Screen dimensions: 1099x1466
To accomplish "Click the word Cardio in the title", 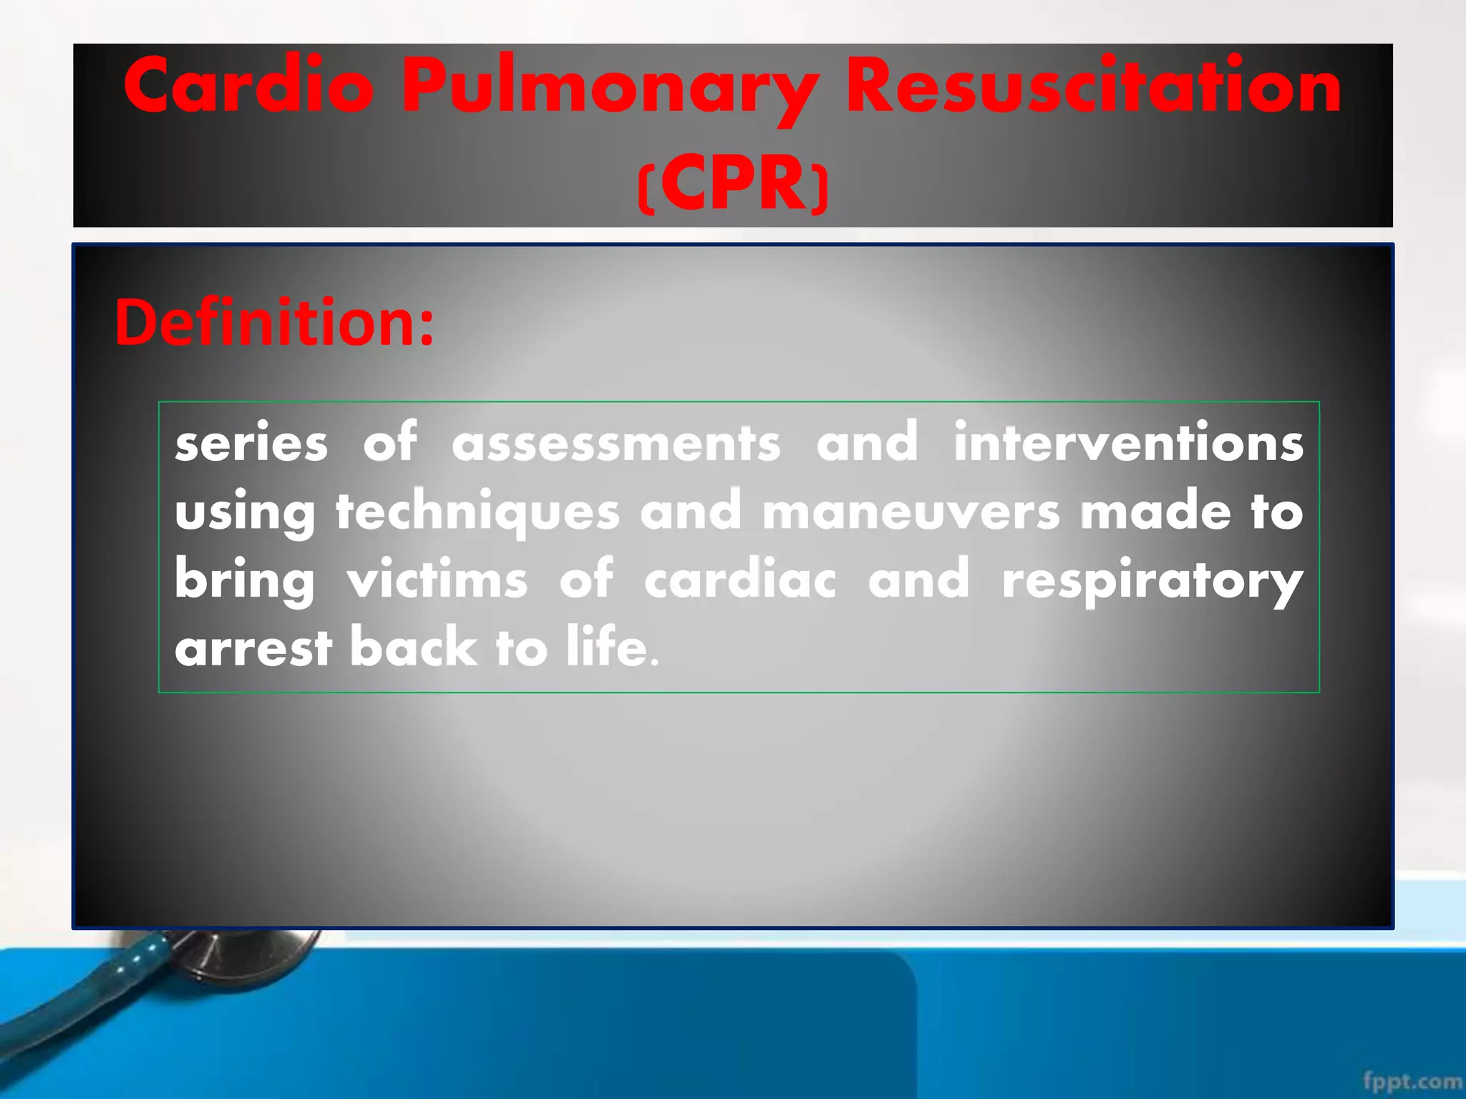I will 248,87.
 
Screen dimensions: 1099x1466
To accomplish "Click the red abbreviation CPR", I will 733,185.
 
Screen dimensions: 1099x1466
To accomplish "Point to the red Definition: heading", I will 274,323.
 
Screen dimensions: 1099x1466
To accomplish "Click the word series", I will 251,443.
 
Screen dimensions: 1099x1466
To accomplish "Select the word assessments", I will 616,443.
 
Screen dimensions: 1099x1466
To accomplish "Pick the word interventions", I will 1128,443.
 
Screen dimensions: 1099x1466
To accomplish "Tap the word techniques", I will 477,512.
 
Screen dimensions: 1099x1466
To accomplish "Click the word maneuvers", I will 911,512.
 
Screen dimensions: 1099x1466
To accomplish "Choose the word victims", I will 437,580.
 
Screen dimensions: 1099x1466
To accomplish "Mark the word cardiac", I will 739,580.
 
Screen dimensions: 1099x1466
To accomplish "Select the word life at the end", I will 606,647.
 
